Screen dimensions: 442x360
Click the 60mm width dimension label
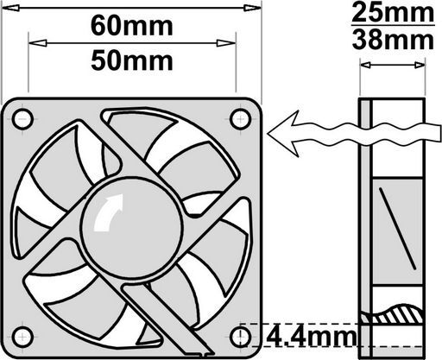pyautogui.click(x=132, y=27)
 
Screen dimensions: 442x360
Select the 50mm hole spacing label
pyautogui.click(x=132, y=61)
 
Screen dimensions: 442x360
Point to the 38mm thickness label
pyautogui.click(x=393, y=40)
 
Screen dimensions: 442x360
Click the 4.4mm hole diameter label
pyautogui.click(x=311, y=337)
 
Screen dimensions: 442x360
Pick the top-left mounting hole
pyautogui.click(x=22, y=119)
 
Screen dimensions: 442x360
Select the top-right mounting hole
pyautogui.click(x=241, y=119)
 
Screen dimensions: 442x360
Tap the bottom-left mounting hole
pyautogui.click(x=22, y=337)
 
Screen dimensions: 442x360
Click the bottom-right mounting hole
pyautogui.click(x=241, y=337)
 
